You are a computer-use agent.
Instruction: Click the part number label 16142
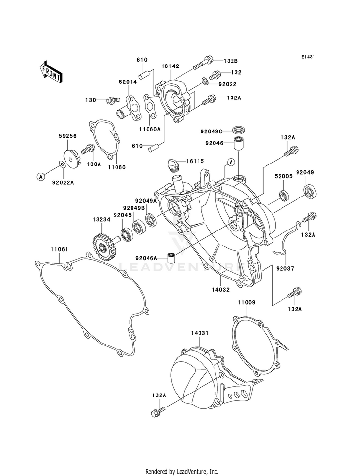point(170,66)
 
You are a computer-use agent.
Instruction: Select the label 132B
point(231,61)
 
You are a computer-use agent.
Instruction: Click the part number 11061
point(59,249)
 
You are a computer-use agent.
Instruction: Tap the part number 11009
point(246,302)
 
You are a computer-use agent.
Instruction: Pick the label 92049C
point(211,131)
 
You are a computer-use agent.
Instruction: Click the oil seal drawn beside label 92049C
point(239,130)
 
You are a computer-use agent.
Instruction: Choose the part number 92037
point(285,268)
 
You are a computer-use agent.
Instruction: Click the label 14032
point(220,290)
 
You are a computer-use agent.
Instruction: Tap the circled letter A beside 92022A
point(41,176)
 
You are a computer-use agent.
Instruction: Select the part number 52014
point(128,82)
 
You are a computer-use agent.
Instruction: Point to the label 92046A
point(147,258)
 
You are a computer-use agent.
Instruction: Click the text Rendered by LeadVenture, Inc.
point(182,472)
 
